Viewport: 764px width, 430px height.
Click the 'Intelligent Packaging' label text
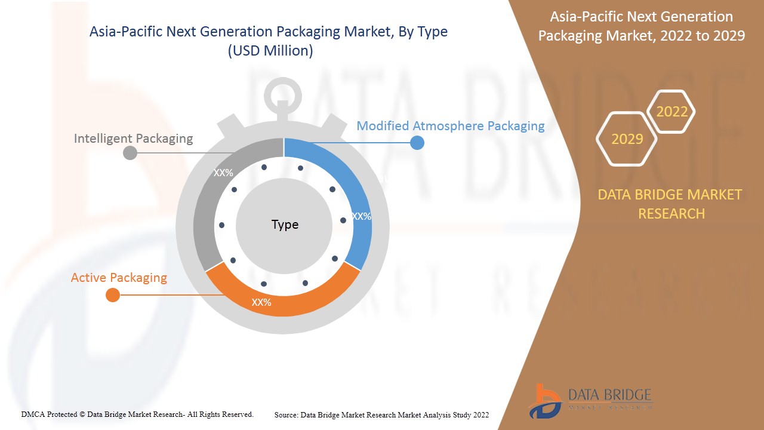pyautogui.click(x=133, y=139)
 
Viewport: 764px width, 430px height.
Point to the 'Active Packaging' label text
pyautogui.click(x=119, y=278)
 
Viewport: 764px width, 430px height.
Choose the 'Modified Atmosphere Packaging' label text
pyautogui.click(x=451, y=126)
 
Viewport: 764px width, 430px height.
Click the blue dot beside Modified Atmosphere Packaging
pyautogui.click(x=417, y=143)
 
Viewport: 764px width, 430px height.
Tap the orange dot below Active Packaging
pyautogui.click(x=112, y=295)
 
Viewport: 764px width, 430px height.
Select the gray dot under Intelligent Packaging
pyautogui.click(x=130, y=153)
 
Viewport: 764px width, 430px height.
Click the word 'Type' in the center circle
pyautogui.click(x=285, y=225)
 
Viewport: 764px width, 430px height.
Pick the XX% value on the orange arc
pyautogui.click(x=261, y=303)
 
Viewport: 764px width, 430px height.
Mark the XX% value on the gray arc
pyautogui.click(x=223, y=173)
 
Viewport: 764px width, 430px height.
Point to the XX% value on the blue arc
pyautogui.click(x=361, y=216)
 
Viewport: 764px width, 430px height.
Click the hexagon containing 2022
pyautogui.click(x=671, y=112)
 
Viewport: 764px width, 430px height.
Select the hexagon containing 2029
pyautogui.click(x=627, y=139)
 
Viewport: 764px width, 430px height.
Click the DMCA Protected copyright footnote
pyautogui.click(x=137, y=414)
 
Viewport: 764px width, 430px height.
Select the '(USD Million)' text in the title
pyautogui.click(x=270, y=51)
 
